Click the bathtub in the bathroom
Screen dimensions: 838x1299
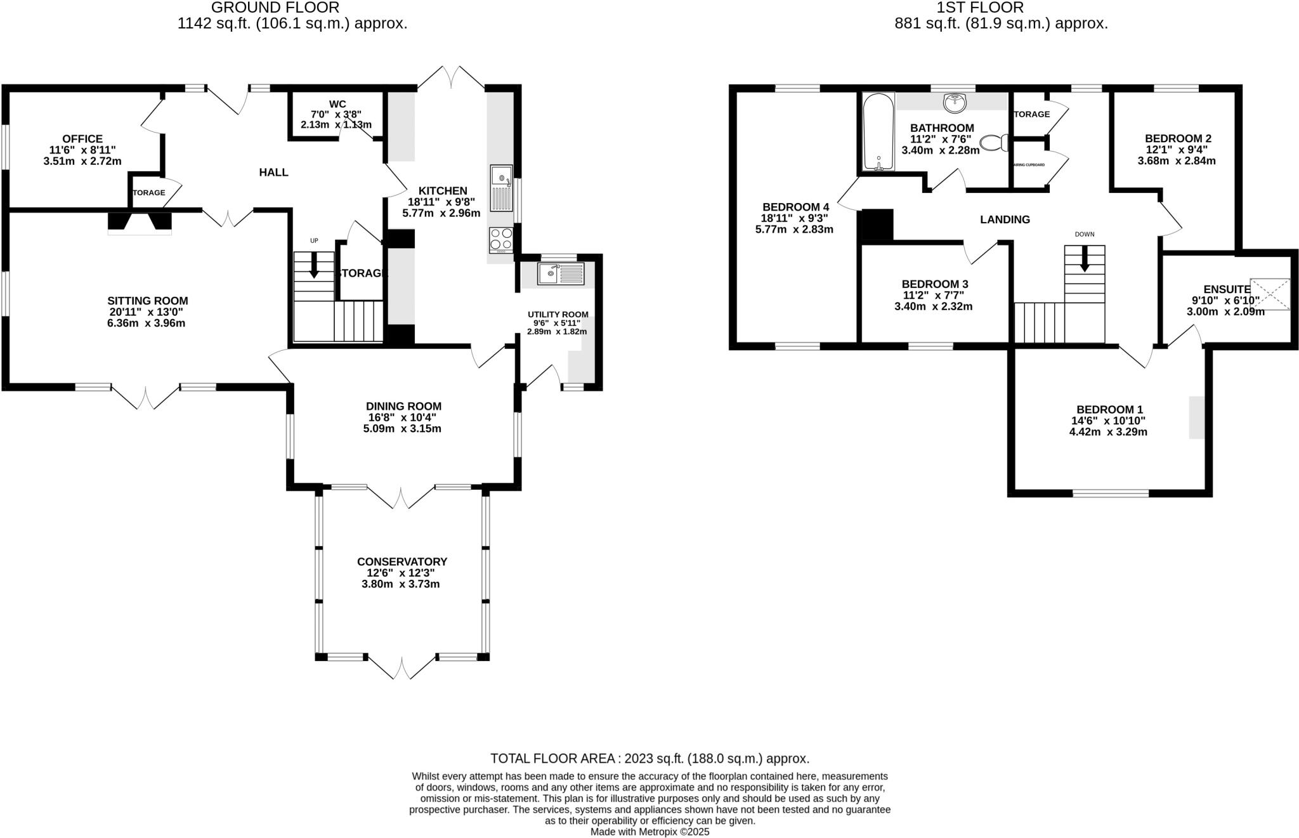[878, 132]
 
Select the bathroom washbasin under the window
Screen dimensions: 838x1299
[954, 101]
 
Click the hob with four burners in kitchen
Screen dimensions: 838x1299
[500, 239]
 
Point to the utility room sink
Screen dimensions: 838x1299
[560, 274]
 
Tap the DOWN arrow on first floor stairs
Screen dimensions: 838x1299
[1085, 258]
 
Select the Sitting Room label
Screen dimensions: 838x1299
[147, 301]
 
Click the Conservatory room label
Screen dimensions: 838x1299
[401, 561]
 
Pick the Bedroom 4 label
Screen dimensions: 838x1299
[795, 207]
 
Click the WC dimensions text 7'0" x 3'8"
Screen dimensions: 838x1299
[337, 114]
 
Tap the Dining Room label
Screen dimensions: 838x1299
[403, 406]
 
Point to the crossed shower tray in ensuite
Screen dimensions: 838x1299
[1270, 294]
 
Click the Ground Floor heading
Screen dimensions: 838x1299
[275, 8]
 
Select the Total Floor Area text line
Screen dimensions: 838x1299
[649, 758]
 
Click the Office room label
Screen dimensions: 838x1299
[82, 138]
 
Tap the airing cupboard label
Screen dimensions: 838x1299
[1029, 165]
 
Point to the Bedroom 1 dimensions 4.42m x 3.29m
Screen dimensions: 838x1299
[1107, 432]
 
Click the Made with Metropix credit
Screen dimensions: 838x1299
[649, 832]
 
